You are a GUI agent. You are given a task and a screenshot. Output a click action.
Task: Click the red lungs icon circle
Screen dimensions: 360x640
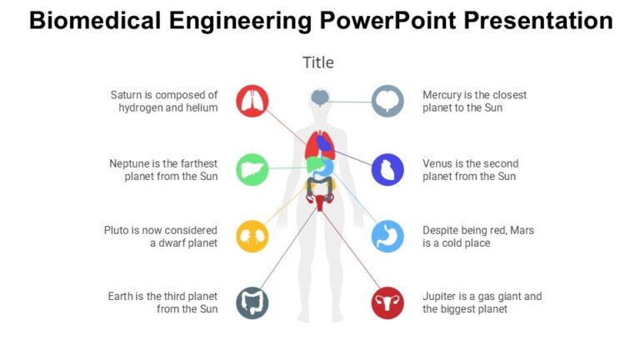(252, 101)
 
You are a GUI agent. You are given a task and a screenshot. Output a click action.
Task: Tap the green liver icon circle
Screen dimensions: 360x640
(252, 169)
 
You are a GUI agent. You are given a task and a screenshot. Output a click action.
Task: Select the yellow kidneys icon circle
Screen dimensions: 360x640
(252, 237)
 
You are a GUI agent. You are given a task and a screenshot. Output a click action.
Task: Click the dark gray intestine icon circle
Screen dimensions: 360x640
(252, 302)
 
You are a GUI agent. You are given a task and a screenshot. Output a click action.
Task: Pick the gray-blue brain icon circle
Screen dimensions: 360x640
(387, 101)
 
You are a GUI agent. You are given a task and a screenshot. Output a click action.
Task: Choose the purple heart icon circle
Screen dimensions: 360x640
(387, 169)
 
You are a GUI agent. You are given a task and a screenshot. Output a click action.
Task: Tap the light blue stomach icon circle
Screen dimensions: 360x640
(387, 237)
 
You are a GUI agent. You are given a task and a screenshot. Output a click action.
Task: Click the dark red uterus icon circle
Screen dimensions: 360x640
(387, 302)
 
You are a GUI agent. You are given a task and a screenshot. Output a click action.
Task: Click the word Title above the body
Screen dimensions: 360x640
(318, 62)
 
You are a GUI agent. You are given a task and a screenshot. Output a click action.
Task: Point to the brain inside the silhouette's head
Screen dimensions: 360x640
(320, 98)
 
